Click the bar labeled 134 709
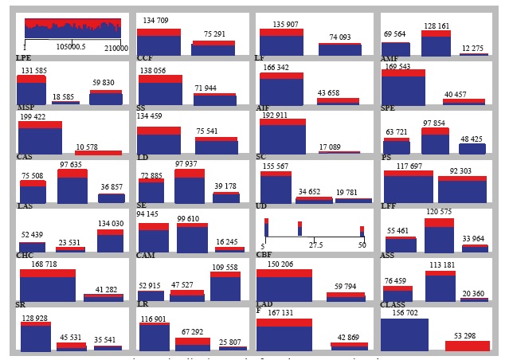[159, 40]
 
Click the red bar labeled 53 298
[467, 346]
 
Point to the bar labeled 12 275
[473, 54]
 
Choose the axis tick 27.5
[315, 245]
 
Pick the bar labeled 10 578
[98, 152]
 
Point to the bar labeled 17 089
[339, 151]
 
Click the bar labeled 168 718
[47, 285]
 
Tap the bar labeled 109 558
[225, 285]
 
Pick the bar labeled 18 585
[65, 102]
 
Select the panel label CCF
[144, 58]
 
